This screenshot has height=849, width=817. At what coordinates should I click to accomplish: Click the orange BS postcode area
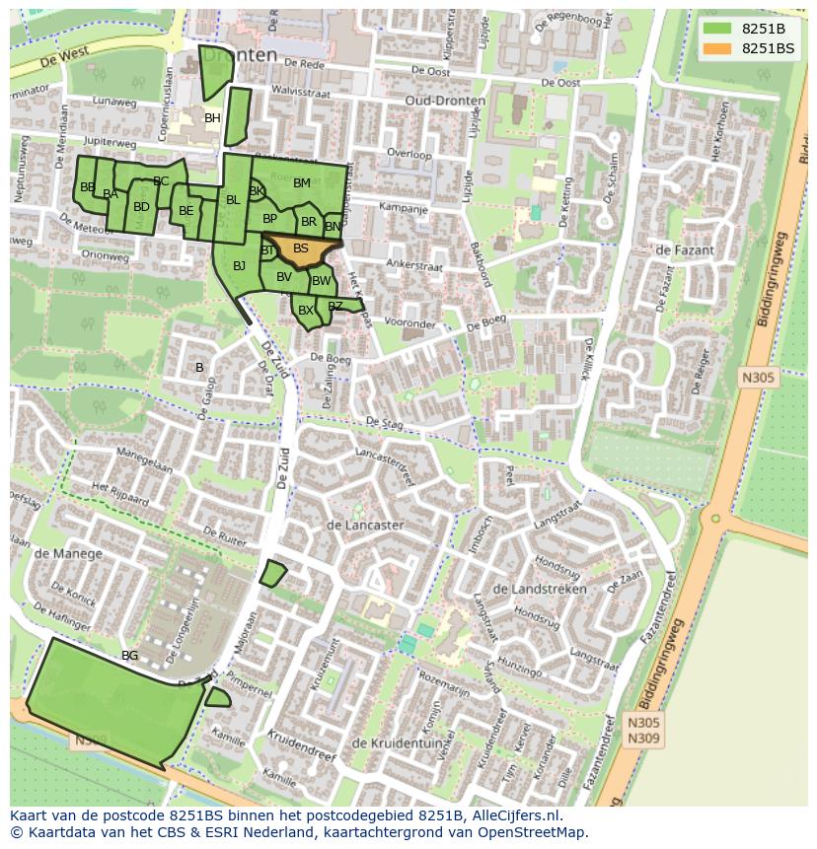click(301, 249)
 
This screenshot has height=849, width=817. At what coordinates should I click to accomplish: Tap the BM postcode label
click(302, 183)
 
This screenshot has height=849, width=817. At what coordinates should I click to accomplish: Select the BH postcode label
click(212, 118)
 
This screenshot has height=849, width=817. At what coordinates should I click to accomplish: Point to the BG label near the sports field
click(129, 655)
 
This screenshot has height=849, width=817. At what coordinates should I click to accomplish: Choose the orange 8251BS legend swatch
click(716, 48)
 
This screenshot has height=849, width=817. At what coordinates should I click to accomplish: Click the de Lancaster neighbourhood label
click(364, 526)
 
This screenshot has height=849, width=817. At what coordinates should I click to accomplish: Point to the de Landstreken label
click(539, 589)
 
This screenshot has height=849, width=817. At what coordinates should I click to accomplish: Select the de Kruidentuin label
click(394, 743)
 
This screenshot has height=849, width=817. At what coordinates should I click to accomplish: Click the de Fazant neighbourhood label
click(684, 250)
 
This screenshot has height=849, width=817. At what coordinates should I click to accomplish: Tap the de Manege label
click(68, 554)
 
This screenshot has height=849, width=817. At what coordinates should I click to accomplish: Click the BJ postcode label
click(239, 266)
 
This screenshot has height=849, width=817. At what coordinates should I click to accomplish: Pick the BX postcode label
click(306, 311)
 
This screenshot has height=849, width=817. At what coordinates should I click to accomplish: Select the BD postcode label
click(141, 207)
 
